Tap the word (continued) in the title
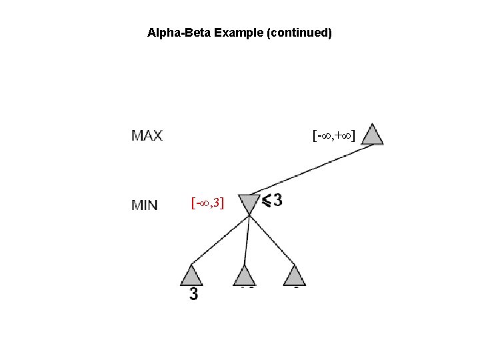pyautogui.click(x=299, y=32)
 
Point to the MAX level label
pyautogui.click(x=147, y=136)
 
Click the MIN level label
pyautogui.click(x=145, y=205)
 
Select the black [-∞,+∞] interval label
pyautogui.click(x=335, y=136)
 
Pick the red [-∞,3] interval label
pyautogui.click(x=208, y=201)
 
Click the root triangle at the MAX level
pyautogui.click(x=373, y=134)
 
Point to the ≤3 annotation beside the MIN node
pyautogui.click(x=271, y=199)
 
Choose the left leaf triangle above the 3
pyautogui.click(x=191, y=275)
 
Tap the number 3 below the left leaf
pyautogui.click(x=193, y=294)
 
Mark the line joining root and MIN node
pyautogui.click(x=310, y=170)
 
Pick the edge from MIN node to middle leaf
pyautogui.click(x=247, y=239)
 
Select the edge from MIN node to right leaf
pyautogui.click(x=272, y=239)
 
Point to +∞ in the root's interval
pyautogui.click(x=345, y=136)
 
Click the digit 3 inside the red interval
pyautogui.click(x=219, y=201)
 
